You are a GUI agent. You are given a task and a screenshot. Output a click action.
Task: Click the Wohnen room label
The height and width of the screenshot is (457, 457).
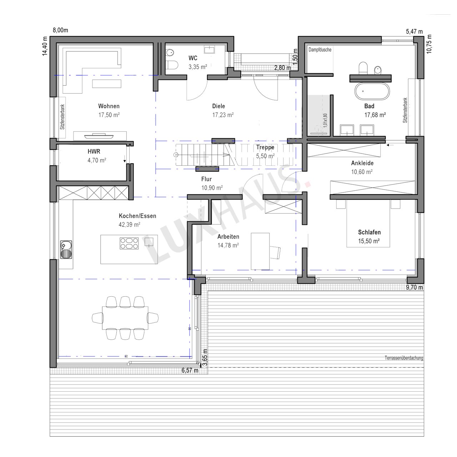(109, 106)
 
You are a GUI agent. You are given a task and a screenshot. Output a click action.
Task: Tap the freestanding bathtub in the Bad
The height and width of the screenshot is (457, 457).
(372, 91)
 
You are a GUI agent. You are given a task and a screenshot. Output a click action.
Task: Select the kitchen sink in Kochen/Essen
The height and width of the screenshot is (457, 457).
(66, 250)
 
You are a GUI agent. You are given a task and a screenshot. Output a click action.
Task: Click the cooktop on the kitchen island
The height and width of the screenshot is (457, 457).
(129, 243)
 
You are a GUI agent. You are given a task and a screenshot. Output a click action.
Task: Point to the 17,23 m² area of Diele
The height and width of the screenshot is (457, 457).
(223, 115)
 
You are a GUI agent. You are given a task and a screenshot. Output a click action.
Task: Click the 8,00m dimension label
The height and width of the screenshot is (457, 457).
(60, 30)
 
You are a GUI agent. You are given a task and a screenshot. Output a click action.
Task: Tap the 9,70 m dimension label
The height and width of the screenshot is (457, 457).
(414, 287)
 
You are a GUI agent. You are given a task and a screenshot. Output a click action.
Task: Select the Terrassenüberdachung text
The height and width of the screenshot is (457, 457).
(404, 358)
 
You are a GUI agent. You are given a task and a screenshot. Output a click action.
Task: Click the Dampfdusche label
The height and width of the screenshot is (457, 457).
(320, 50)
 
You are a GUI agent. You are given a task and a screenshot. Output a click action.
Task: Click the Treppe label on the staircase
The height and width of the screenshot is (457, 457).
(265, 147)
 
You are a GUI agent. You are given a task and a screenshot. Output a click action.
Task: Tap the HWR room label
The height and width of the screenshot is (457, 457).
(94, 151)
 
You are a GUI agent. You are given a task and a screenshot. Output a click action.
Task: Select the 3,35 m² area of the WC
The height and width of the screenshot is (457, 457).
(198, 67)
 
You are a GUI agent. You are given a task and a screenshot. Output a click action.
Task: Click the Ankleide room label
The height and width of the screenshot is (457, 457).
(362, 163)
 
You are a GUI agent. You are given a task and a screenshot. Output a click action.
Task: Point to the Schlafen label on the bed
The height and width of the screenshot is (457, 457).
(369, 232)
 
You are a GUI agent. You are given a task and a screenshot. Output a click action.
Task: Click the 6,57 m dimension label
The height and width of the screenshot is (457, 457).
(190, 370)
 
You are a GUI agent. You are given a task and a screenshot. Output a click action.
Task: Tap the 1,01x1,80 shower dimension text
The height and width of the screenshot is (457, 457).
(325, 120)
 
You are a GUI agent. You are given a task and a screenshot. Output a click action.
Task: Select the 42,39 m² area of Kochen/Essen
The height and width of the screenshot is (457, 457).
(129, 225)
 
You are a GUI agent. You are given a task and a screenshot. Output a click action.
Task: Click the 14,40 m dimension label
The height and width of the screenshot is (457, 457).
(45, 46)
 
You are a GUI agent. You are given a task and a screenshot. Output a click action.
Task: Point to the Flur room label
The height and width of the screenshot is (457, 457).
(206, 179)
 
